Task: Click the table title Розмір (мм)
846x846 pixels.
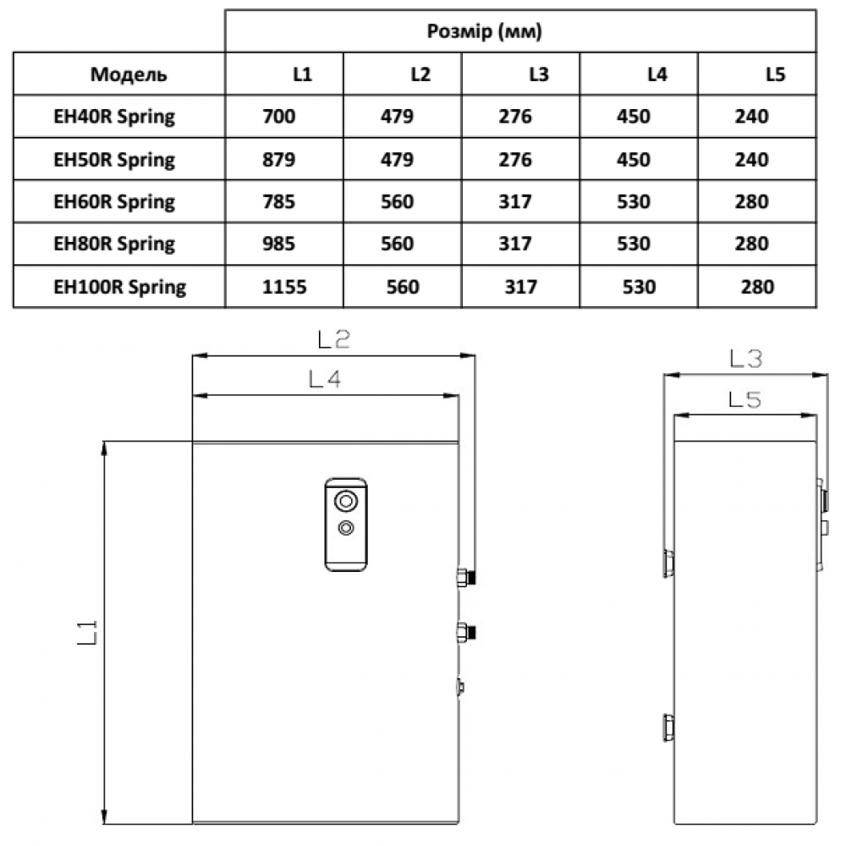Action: click(484, 31)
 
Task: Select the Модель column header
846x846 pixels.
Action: click(129, 74)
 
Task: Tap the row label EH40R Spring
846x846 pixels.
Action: click(114, 117)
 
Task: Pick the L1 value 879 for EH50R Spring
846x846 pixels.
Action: click(279, 160)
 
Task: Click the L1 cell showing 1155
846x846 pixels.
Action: click(284, 287)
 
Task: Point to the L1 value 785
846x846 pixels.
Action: click(279, 202)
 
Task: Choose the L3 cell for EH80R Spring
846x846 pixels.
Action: click(515, 244)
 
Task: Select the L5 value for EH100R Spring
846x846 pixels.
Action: click(757, 287)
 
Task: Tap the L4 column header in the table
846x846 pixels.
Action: click(657, 74)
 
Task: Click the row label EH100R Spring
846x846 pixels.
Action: click(120, 287)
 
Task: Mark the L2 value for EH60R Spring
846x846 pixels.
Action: click(397, 202)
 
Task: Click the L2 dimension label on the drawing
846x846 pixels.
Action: click(334, 339)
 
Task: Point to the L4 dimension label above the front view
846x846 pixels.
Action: click(325, 379)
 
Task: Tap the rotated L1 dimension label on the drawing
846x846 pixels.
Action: click(87, 632)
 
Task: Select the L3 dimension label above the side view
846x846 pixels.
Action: click(745, 358)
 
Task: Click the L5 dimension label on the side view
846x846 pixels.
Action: click(744, 400)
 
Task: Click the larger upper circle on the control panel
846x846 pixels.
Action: click(346, 501)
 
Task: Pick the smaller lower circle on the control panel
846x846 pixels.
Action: click(346, 527)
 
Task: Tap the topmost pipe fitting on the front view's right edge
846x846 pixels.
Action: click(466, 577)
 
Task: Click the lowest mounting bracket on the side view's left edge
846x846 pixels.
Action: click(668, 728)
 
